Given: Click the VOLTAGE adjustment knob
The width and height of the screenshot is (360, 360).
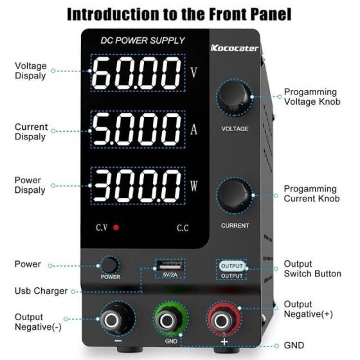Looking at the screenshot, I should click(234, 98).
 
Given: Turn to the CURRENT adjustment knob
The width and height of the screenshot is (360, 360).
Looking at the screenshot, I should click(234, 195).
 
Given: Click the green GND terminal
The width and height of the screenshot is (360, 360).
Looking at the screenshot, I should click(171, 318).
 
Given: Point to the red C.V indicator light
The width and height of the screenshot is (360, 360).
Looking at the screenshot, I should click(116, 228).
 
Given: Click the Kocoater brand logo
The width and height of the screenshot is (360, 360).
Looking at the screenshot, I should click(234, 48).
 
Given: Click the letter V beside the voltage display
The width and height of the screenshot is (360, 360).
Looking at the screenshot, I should click(194, 71).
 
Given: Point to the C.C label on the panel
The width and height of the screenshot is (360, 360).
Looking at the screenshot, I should click(183, 228).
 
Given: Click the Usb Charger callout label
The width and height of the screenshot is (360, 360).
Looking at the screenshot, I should click(41, 291).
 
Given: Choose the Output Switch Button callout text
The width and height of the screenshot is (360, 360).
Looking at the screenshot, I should click(312, 269).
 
